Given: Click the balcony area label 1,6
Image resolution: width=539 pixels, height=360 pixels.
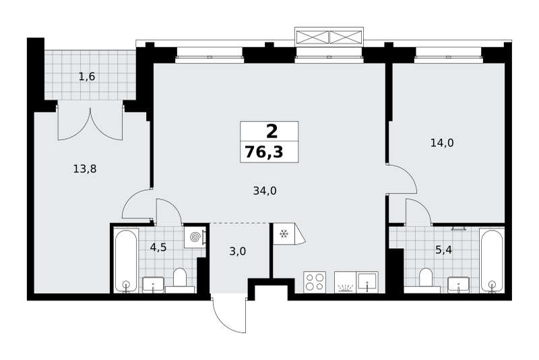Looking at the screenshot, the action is click(x=87, y=76).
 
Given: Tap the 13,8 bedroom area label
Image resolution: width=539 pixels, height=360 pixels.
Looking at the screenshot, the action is click(x=85, y=169).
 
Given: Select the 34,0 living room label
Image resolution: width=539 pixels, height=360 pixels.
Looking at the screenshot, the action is click(x=265, y=191).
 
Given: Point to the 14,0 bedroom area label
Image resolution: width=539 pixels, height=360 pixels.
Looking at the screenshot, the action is click(x=442, y=143).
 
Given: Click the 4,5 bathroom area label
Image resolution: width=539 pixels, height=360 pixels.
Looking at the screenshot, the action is click(x=158, y=247).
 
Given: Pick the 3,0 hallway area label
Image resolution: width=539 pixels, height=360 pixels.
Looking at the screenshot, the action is click(x=238, y=251).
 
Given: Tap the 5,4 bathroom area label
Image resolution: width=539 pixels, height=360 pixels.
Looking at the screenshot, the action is click(x=443, y=250).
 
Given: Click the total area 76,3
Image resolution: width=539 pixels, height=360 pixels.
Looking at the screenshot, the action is click(x=264, y=152).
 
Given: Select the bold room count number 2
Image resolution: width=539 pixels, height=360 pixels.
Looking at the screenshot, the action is click(x=272, y=131).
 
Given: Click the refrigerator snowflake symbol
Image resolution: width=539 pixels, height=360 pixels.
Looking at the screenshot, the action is click(x=284, y=234).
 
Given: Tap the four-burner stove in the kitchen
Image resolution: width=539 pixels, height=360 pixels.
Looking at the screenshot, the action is click(x=315, y=282).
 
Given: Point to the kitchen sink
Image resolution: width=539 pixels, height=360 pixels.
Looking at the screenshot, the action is click(x=367, y=282).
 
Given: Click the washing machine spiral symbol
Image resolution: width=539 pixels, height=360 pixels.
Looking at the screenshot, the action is click(x=195, y=237).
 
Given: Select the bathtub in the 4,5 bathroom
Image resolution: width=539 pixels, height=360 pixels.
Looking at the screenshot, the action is click(x=126, y=261).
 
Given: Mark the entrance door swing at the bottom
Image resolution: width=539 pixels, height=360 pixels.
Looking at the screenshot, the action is click(x=229, y=315).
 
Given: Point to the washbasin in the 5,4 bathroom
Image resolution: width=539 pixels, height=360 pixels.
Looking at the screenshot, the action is click(x=458, y=284).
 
